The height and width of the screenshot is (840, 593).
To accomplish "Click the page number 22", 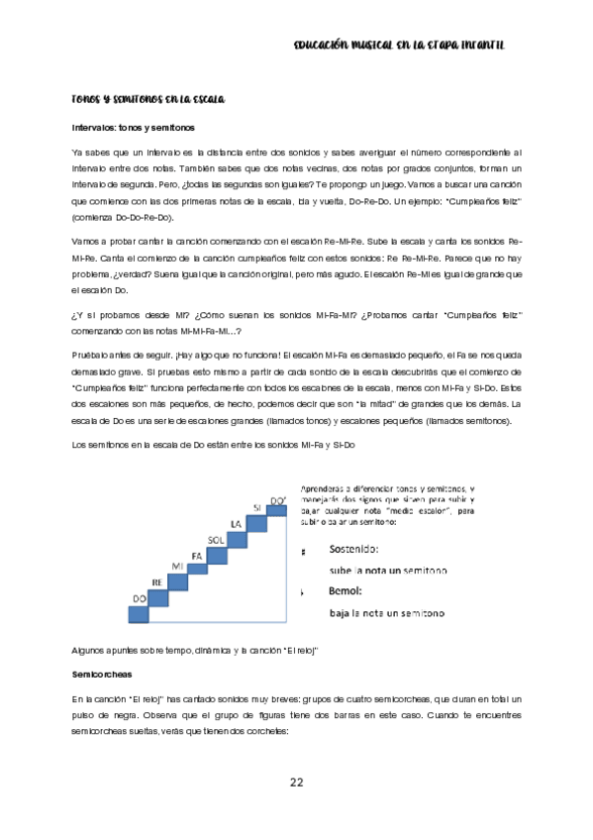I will [296, 783].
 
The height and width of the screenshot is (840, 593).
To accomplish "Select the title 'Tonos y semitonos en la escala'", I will [149, 100].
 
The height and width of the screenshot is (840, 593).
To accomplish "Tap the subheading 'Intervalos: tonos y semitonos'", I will [134, 128].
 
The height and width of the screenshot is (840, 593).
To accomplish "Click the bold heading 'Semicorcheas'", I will [103, 673].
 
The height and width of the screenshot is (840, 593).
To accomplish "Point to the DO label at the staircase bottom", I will [140, 598].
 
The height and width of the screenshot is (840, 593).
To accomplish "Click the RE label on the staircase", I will [157, 581].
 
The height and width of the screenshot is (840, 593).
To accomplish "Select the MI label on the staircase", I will [178, 565].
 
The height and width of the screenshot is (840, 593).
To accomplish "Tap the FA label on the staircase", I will [197, 555].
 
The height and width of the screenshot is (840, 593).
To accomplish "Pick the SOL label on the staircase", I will [218, 539].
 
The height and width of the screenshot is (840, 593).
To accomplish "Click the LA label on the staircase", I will [237, 523].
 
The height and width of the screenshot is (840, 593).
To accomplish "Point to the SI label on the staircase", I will [256, 507].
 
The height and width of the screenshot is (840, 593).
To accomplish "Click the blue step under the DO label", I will [140, 614].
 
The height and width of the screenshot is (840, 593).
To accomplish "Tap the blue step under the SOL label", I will [218, 553].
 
